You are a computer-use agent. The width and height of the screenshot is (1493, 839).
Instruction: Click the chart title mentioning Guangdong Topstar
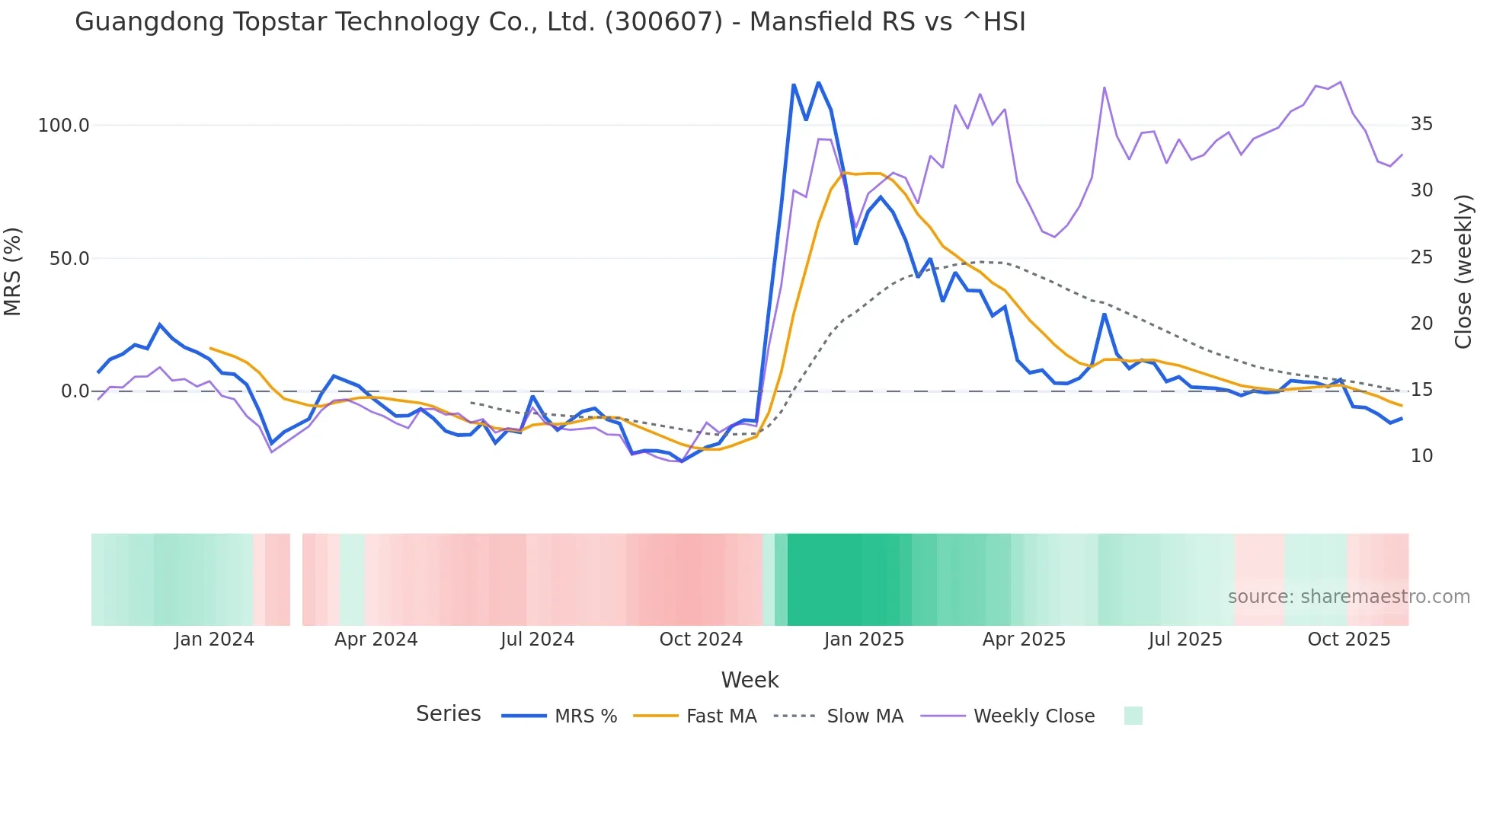[550, 22]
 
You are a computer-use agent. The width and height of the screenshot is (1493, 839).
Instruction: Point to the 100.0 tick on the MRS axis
[64, 126]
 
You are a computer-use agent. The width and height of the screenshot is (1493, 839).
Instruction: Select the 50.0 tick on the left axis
[69, 259]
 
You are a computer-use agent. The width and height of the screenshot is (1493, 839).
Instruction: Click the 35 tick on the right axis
[1421, 124]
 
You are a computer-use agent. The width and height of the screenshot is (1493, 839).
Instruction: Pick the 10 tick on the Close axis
[1421, 456]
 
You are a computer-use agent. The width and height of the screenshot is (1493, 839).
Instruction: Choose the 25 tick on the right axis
[1421, 257]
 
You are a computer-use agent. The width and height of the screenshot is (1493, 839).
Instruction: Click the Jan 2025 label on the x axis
[864, 640]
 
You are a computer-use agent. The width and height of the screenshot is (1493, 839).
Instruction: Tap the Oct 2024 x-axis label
[701, 640]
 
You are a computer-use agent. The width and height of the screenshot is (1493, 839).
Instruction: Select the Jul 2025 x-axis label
[1185, 640]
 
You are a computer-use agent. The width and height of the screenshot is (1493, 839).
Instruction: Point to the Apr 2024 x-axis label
[376, 640]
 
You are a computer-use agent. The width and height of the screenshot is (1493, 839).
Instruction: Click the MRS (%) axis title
[13, 271]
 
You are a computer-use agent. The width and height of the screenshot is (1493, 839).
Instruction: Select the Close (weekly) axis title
[1463, 272]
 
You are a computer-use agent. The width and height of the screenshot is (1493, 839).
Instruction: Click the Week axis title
[750, 680]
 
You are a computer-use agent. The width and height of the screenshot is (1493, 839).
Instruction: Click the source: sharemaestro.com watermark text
[1348, 597]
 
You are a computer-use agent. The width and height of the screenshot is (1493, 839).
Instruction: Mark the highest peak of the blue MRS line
[819, 82]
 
